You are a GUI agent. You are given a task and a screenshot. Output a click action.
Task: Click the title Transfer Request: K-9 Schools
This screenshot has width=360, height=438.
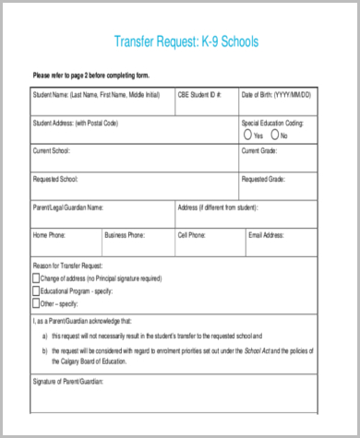(186, 41)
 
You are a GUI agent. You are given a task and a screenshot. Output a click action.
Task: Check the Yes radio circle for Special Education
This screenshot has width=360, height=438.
(248, 136)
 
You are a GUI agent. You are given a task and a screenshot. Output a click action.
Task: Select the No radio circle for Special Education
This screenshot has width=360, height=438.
(275, 136)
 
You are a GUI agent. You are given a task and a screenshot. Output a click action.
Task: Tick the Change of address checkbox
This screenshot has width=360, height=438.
(36, 277)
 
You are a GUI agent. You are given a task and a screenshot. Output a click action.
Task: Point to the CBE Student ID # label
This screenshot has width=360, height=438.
(199, 94)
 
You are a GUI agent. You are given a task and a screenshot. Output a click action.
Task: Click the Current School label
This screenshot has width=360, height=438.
(52, 150)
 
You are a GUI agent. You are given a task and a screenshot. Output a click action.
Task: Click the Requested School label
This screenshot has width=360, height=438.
(55, 178)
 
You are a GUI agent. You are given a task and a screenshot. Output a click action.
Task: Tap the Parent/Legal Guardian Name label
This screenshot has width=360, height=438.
(68, 207)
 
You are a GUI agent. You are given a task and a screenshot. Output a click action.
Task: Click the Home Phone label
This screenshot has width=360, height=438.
(50, 235)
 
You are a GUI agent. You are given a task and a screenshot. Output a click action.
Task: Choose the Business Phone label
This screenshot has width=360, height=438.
(125, 235)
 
